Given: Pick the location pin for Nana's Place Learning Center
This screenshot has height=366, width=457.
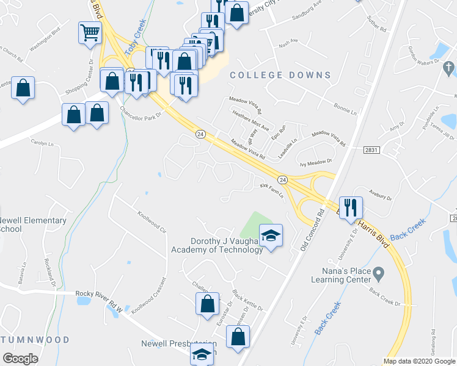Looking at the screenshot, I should click(x=379, y=272).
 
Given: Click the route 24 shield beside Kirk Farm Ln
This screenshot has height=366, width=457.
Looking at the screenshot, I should click(x=282, y=179).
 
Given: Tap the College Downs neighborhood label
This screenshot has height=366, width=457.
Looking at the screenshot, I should click(x=280, y=75).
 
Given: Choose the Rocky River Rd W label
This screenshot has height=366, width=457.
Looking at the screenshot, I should click(x=100, y=301).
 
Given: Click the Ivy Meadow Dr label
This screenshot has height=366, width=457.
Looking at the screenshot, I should click(x=315, y=162).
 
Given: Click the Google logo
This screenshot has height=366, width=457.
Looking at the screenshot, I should click(x=20, y=359).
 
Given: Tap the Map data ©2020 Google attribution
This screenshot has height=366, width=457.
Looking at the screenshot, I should click(x=419, y=361).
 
